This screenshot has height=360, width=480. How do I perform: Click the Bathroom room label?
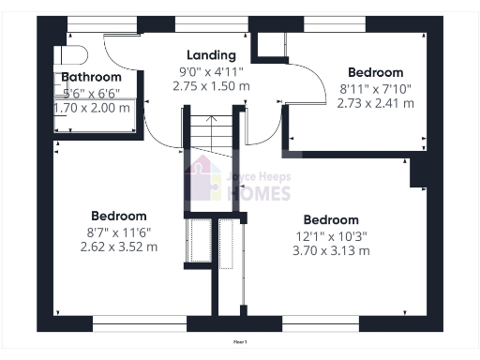92,77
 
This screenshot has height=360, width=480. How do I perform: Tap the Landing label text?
211,55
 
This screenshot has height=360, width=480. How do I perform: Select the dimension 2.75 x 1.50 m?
211,85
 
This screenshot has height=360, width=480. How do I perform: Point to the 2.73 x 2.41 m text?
375,103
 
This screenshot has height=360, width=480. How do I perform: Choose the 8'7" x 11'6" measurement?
118,232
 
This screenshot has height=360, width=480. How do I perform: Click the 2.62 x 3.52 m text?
118,247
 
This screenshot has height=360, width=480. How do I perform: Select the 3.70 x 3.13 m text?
331,250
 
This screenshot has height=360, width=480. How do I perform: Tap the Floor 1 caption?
240,342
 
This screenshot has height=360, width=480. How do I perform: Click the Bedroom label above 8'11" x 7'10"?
375,72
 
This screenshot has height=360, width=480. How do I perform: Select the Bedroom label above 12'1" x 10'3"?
331,220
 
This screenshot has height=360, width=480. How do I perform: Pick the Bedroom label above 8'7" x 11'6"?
118,216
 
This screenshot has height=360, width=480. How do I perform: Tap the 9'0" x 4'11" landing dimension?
211,70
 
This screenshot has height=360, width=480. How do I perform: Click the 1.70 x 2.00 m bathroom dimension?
92,108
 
